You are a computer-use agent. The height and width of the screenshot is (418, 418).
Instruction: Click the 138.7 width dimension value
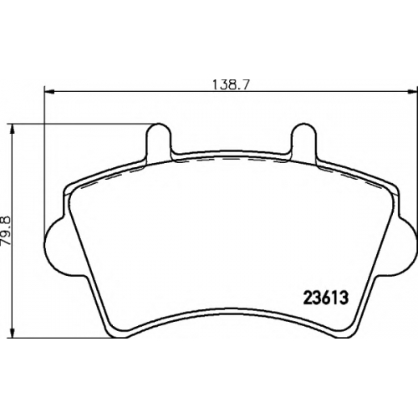tap(230, 84)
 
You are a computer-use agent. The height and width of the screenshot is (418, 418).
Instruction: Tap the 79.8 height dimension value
tap(6, 231)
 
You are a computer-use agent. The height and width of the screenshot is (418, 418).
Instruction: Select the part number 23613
tap(325, 298)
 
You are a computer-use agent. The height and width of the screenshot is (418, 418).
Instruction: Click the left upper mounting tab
tap(159, 140)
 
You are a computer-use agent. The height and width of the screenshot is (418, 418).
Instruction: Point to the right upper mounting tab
tap(303, 140)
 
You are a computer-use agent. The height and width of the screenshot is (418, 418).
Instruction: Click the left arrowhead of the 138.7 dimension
tap(49, 91)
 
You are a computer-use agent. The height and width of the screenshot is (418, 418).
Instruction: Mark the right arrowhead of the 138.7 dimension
tap(413, 91)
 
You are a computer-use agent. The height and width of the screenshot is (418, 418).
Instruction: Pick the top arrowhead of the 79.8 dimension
tap(12, 129)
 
